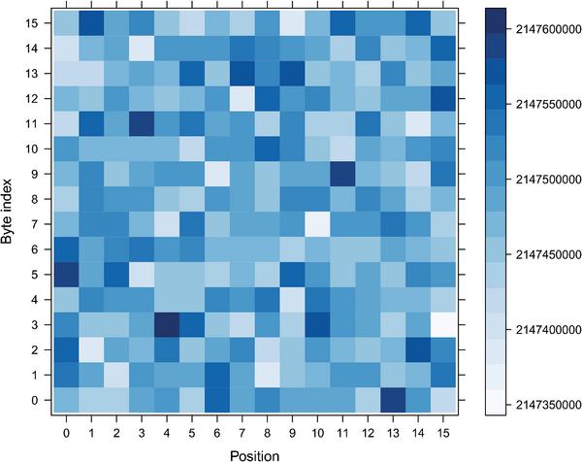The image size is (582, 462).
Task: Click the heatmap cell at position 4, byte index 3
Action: pyautogui.click(x=166, y=323)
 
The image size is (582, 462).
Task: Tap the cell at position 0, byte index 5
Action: pyautogui.click(x=65, y=273)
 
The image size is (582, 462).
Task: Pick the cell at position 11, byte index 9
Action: pyautogui.click(x=342, y=173)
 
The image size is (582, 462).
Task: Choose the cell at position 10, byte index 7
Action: pyautogui.click(x=317, y=223)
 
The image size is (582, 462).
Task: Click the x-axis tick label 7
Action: pyautogui.click(x=242, y=431)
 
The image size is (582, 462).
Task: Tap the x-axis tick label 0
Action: pyautogui.click(x=65, y=431)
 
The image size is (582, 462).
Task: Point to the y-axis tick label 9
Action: pyautogui.click(x=35, y=173)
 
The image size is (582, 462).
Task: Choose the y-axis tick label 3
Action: pyautogui.click(x=35, y=323)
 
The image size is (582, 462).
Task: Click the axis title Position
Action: pyautogui.click(x=254, y=452)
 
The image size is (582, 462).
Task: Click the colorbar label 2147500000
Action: pyautogui.click(x=544, y=180)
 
